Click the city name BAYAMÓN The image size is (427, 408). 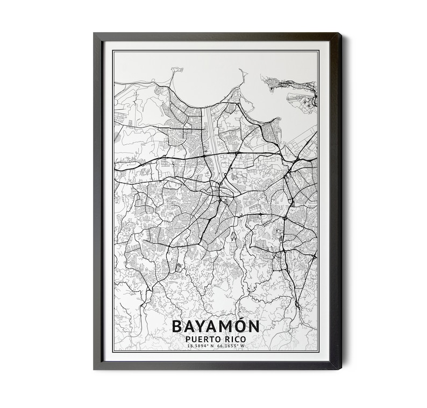click(x=215, y=326)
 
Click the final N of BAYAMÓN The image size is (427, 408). click(x=253, y=326)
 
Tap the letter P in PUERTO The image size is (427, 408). click(x=187, y=339)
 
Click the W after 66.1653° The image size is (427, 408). click(x=243, y=346)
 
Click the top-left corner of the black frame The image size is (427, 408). click(x=95, y=34)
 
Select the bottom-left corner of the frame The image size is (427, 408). click(x=95, y=369)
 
